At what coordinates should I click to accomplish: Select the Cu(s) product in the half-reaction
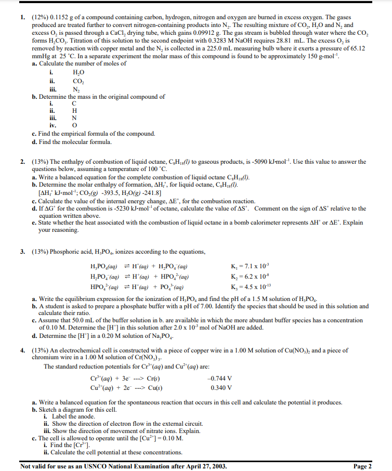point(155,387)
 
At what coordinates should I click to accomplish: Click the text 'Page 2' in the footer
point(362,466)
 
